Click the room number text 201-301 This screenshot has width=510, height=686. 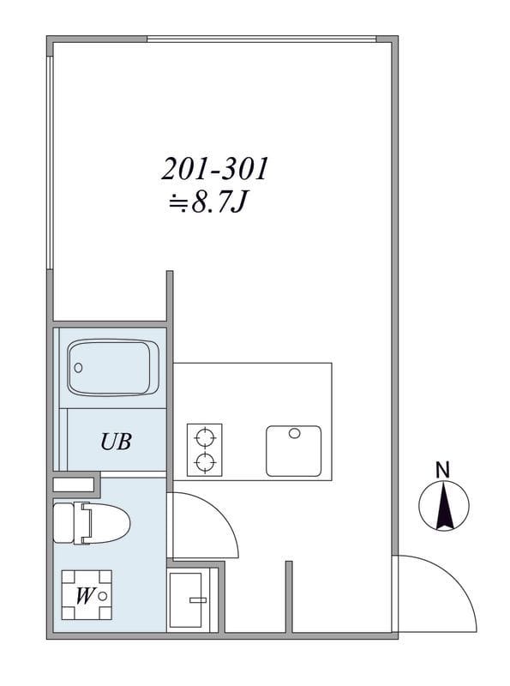215,169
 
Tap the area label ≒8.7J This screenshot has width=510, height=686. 208,202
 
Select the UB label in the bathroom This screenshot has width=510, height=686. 116,442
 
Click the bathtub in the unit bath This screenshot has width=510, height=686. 113,368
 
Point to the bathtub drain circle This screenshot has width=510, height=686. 78,368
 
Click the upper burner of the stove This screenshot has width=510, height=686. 205,437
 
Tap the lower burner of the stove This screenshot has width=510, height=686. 205,462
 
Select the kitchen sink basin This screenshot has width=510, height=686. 293,451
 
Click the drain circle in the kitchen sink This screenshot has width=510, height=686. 294,433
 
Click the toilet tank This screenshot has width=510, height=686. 63,523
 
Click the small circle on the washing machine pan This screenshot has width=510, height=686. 103,596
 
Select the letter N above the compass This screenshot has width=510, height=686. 443,470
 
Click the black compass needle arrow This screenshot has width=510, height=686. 444,505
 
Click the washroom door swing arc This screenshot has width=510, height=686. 221,512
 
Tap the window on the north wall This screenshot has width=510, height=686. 261,39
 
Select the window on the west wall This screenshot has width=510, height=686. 50,162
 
